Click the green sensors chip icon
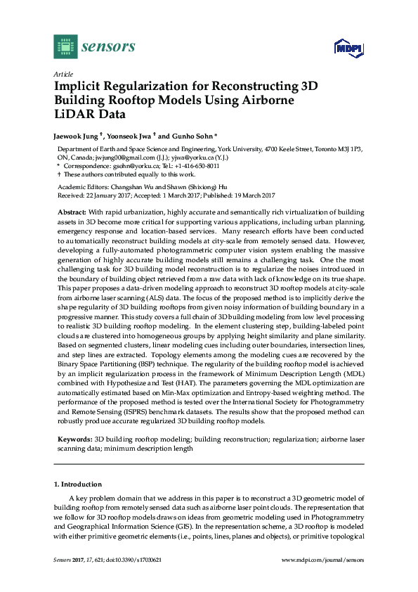click(65, 47)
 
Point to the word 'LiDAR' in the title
click(74, 115)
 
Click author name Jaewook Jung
click(78, 135)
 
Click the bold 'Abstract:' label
click(72, 212)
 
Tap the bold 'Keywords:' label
click(74, 439)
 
